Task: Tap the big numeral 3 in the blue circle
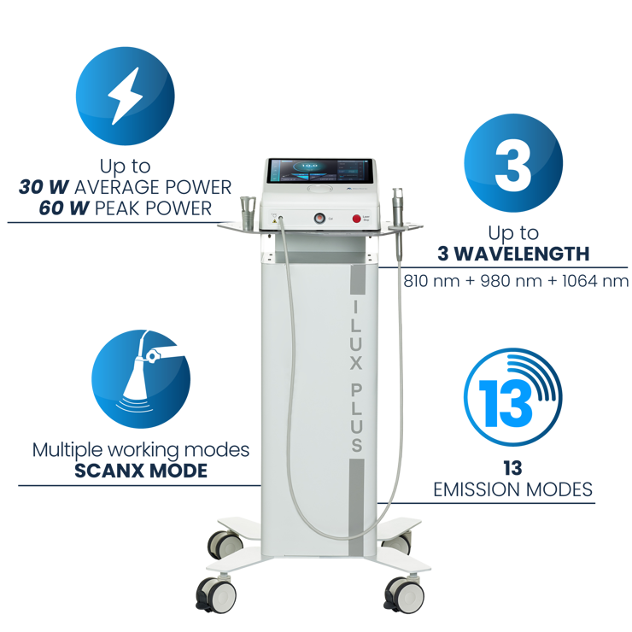click(x=512, y=166)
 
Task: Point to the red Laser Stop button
click(x=356, y=219)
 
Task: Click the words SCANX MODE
click(x=141, y=469)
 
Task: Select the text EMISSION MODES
click(x=512, y=489)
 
